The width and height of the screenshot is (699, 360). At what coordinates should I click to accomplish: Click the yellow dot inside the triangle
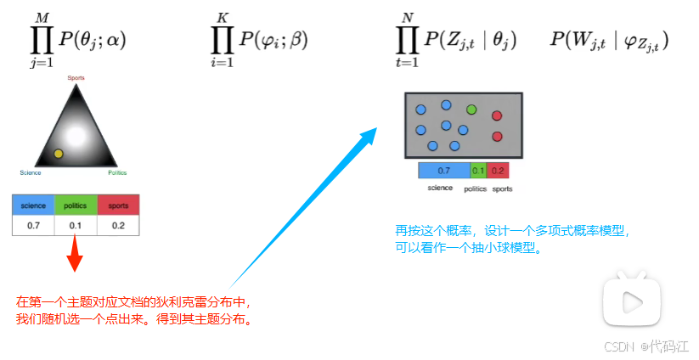[58, 153]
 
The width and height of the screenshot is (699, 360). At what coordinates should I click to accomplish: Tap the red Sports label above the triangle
[76, 77]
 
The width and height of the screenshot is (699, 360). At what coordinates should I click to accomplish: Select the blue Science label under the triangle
[31, 172]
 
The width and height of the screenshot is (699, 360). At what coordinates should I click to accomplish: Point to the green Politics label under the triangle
[117, 172]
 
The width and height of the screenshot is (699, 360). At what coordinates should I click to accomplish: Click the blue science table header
[33, 205]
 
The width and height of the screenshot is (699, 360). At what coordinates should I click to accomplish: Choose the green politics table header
[76, 205]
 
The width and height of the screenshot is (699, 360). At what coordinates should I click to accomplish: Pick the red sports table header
[118, 205]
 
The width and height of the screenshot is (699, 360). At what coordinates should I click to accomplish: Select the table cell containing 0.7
[33, 225]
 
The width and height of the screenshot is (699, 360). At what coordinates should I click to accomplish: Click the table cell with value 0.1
[76, 225]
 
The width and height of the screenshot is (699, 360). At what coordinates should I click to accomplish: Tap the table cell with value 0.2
[118, 225]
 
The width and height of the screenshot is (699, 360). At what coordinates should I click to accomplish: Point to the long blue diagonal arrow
[302, 208]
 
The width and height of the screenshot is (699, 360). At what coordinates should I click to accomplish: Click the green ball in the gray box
[471, 110]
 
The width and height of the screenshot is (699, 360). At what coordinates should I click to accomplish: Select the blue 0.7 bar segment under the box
[443, 171]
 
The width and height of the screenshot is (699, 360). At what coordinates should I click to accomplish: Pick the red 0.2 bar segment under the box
[498, 171]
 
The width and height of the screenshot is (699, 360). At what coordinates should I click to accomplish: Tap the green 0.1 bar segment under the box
[478, 171]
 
